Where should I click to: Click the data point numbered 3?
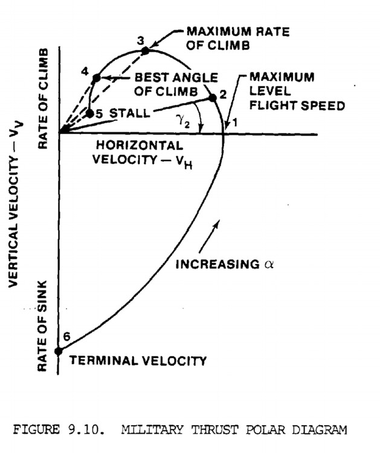(x=145, y=51)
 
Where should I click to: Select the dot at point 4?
(x=96, y=79)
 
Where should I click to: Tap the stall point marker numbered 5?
(x=89, y=113)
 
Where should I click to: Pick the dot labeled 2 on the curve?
(x=212, y=97)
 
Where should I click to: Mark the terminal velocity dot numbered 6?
(x=59, y=350)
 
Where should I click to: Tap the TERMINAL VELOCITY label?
(x=138, y=361)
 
